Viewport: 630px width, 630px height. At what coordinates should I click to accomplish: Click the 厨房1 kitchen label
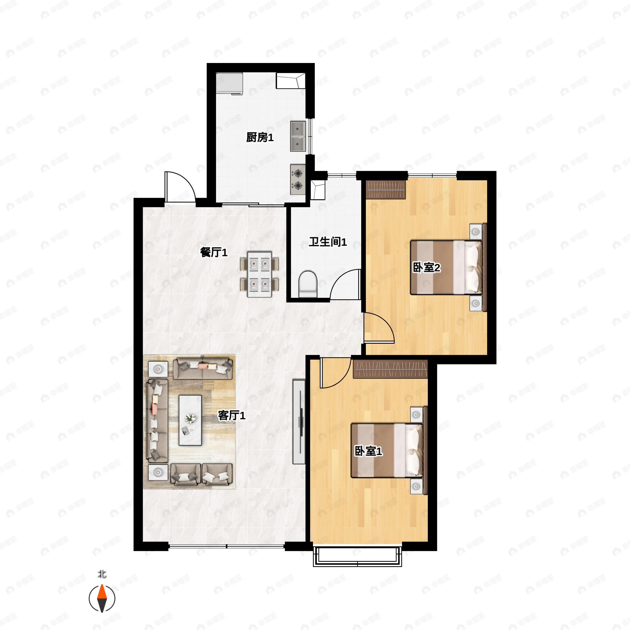tap(260, 138)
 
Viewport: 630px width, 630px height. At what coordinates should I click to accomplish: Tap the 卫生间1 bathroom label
tap(328, 242)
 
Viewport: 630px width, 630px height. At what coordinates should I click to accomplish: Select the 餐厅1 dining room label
tap(214, 252)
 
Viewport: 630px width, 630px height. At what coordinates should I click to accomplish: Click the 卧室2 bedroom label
tap(427, 268)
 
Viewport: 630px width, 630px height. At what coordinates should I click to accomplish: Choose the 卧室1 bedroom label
tap(369, 451)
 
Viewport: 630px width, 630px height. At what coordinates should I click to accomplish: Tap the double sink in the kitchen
tap(298, 136)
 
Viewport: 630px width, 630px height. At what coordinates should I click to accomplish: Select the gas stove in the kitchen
tap(298, 179)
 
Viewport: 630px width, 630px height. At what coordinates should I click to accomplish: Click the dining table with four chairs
tap(260, 274)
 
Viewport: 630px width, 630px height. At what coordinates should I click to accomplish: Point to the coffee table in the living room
tap(190, 420)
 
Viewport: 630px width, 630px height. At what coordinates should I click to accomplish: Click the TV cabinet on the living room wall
tap(299, 421)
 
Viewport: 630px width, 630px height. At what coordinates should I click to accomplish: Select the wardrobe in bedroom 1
tap(390, 369)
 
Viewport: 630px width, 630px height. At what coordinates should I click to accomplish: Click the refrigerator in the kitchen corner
tap(230, 83)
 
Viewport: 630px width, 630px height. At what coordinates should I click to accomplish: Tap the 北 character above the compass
tap(102, 574)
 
